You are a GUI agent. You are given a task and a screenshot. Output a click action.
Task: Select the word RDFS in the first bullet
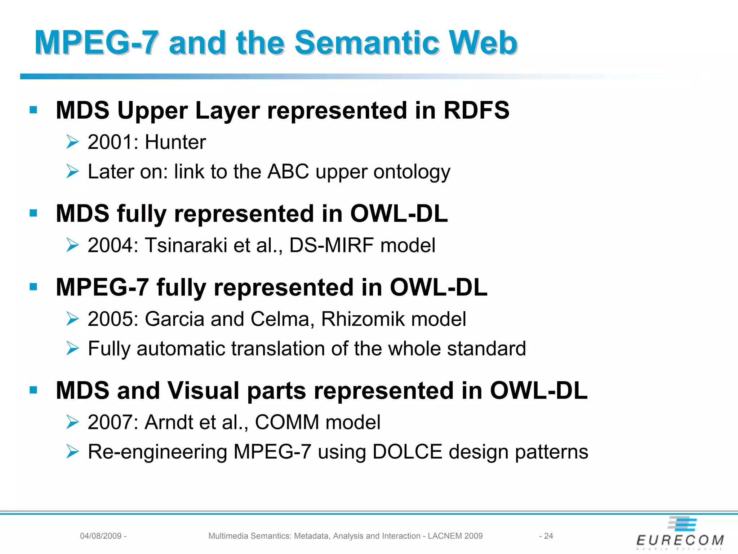point(476,110)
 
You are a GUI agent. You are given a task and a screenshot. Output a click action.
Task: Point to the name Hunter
point(175,142)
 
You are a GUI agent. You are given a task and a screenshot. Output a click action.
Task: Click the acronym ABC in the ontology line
point(288,172)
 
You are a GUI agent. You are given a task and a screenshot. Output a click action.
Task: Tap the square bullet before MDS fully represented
point(34,213)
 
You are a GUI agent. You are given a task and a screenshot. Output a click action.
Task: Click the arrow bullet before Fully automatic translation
point(72,348)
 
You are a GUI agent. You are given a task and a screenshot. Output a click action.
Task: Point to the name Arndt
point(169,422)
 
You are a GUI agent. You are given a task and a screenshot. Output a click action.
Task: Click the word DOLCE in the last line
point(407,452)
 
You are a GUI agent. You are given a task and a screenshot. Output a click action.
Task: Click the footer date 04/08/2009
point(101,536)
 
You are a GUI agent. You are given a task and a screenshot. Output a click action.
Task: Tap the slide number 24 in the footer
point(548,536)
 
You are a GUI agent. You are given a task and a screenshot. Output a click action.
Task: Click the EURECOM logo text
point(680,540)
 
